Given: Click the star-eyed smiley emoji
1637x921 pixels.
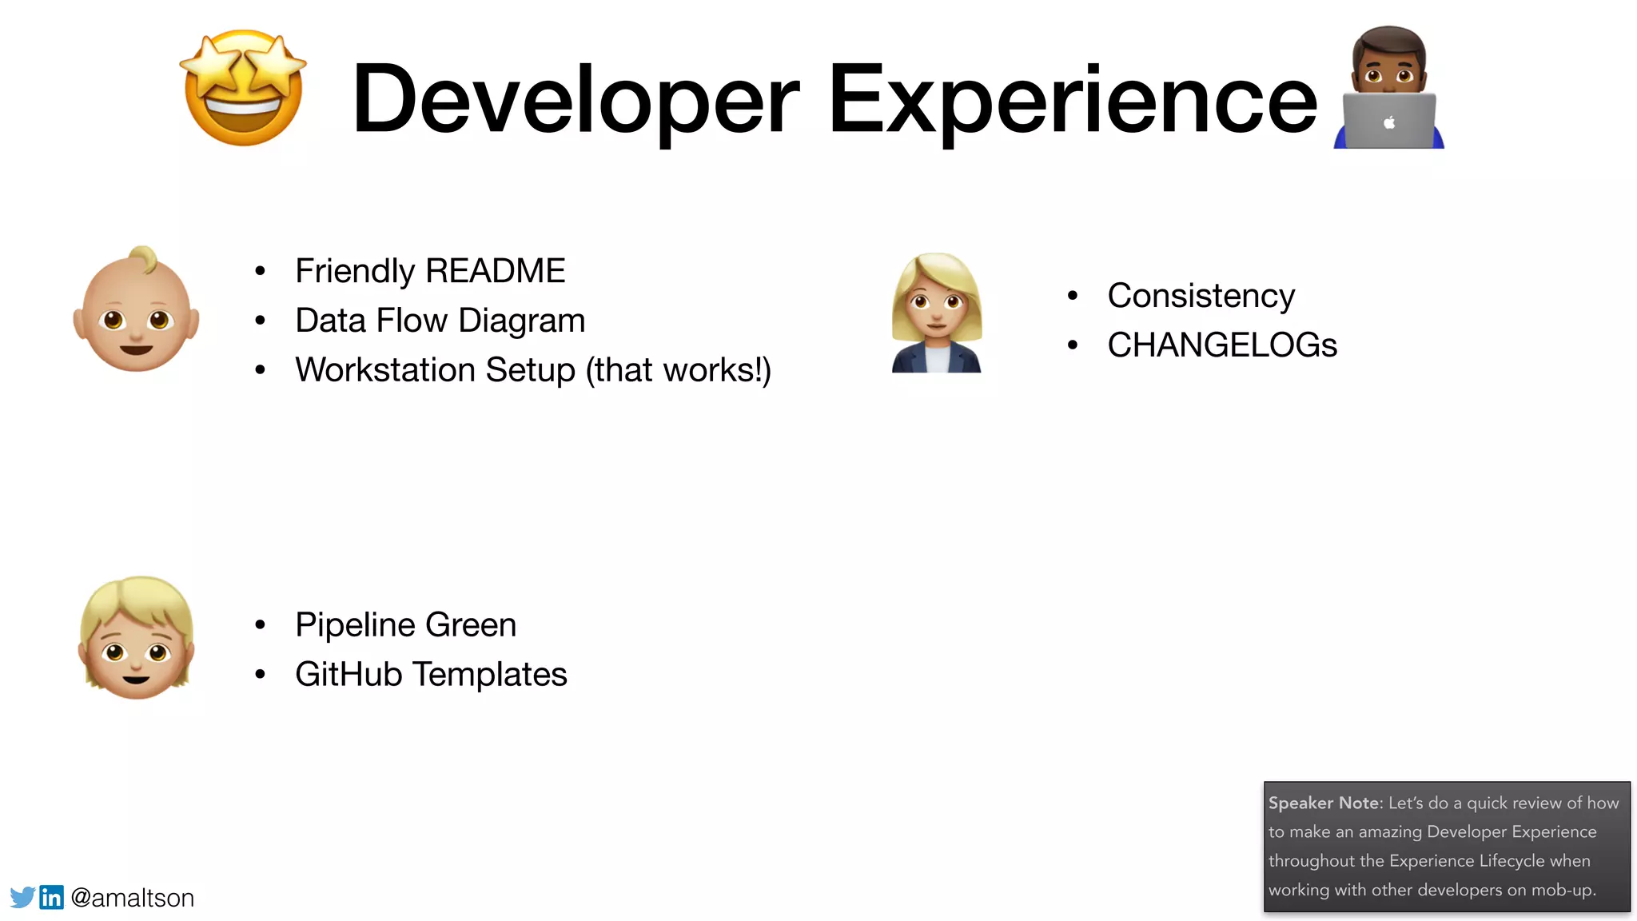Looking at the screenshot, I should click(243, 88).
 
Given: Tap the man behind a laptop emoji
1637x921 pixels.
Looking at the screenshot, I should click(1389, 88).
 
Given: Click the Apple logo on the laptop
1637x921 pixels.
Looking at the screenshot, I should click(1389, 122).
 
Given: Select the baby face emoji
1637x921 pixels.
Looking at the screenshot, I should click(136, 310).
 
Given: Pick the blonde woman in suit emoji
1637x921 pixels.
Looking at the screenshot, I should click(936, 313).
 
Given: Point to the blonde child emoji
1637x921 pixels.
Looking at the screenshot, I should click(137, 638).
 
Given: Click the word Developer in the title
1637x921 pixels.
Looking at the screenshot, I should click(576, 99).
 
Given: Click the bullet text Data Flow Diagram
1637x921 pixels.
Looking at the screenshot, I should click(440, 321).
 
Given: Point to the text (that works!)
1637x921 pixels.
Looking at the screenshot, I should click(678, 370).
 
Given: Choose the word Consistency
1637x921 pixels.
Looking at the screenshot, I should click(1201, 296).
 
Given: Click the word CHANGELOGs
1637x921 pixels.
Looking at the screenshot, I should click(1221, 345).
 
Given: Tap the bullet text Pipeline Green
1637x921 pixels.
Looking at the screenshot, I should click(405, 625).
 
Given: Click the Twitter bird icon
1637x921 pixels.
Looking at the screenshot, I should click(22, 897).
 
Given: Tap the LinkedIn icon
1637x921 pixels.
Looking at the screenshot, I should click(51, 897).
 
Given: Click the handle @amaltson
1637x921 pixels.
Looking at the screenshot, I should click(133, 898).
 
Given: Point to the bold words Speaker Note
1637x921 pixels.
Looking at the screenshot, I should click(1324, 803).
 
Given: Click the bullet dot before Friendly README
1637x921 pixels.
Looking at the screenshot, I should click(260, 272).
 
